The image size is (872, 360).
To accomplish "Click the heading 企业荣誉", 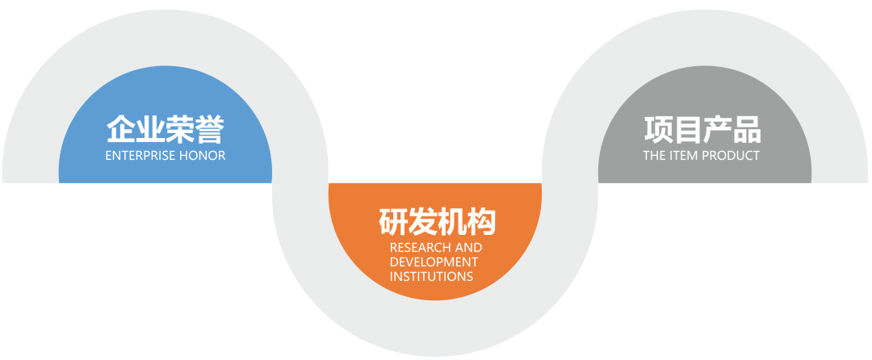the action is pyautogui.click(x=165, y=128).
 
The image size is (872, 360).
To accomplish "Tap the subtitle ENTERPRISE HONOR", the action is pyautogui.click(x=165, y=155).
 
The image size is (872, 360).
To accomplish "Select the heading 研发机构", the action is pyautogui.click(x=436, y=221).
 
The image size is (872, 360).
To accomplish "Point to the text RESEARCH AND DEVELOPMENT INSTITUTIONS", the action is pyautogui.click(x=435, y=262).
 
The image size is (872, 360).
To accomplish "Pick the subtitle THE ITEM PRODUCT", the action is pyautogui.click(x=702, y=155).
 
